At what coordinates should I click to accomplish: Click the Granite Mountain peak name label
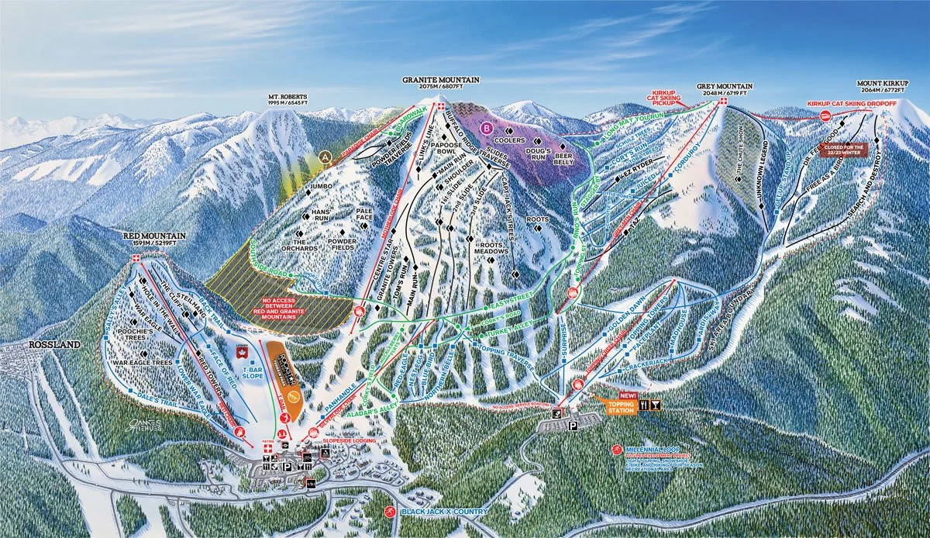(441, 79)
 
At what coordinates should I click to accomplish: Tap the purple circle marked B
(487, 127)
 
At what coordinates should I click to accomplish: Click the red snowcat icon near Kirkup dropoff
(826, 116)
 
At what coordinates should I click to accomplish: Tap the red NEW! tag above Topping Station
(628, 394)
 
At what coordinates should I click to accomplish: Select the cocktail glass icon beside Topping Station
(656, 405)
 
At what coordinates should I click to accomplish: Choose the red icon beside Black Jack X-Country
(390, 512)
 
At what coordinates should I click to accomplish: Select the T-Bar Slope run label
(247, 373)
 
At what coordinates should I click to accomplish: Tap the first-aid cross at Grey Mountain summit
(722, 102)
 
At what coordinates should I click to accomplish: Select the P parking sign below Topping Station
(573, 425)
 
